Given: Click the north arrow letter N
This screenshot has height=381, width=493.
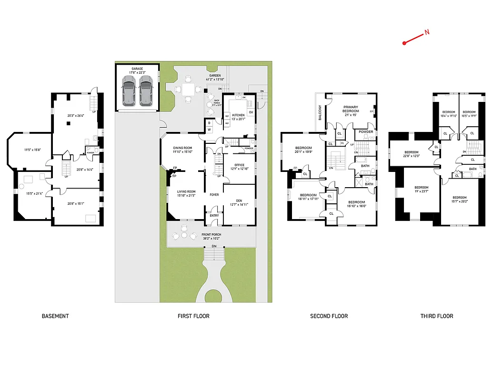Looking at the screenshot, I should point(427,32).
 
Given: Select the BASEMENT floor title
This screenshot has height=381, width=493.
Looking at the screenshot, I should point(55,316).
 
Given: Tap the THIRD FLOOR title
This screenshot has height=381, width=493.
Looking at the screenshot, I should point(436,316).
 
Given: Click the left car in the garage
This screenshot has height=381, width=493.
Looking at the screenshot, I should point(128,92).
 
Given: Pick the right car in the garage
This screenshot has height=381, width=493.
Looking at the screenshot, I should point(146,92).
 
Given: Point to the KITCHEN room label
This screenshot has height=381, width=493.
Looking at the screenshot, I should point(238,115).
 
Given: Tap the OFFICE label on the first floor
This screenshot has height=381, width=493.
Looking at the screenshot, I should point(239,165).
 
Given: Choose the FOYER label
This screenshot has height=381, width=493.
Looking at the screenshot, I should point(214,195).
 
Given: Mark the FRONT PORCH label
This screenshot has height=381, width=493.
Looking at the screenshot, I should point(211,235).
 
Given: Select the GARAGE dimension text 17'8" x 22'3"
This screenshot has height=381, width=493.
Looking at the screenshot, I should point(137,72).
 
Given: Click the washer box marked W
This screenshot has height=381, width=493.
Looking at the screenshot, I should point(209,130).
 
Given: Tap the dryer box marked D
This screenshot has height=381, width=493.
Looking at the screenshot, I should point(209,122).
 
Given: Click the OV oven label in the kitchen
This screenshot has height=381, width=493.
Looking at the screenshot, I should point(251,112).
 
